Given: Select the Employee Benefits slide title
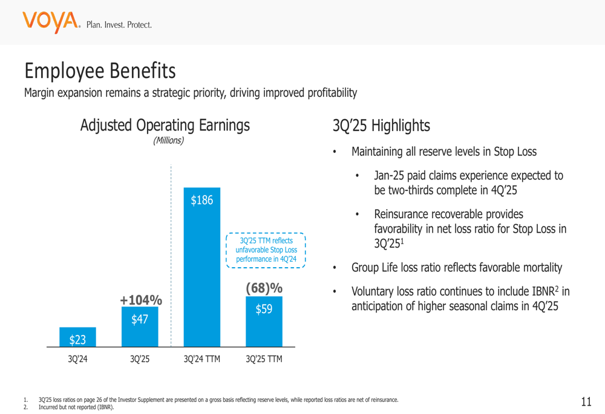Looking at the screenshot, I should [x=100, y=71].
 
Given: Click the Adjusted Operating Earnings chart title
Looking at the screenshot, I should [x=165, y=125].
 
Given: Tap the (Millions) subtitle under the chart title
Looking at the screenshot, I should [x=168, y=140].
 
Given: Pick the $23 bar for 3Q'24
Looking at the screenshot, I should [x=77, y=337].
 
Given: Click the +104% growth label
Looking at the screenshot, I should [x=140, y=300].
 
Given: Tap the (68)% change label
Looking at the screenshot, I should [x=264, y=288].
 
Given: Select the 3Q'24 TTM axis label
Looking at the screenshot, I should [x=201, y=359].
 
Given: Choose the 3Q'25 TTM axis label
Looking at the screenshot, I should [x=264, y=359].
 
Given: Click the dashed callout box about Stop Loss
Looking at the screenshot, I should [x=266, y=250].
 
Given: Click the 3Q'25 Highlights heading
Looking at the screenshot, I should [x=381, y=126].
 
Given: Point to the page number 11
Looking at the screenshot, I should [x=586, y=401].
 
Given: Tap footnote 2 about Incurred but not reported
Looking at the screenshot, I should [x=76, y=407].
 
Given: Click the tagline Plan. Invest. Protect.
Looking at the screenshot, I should [x=119, y=25].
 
